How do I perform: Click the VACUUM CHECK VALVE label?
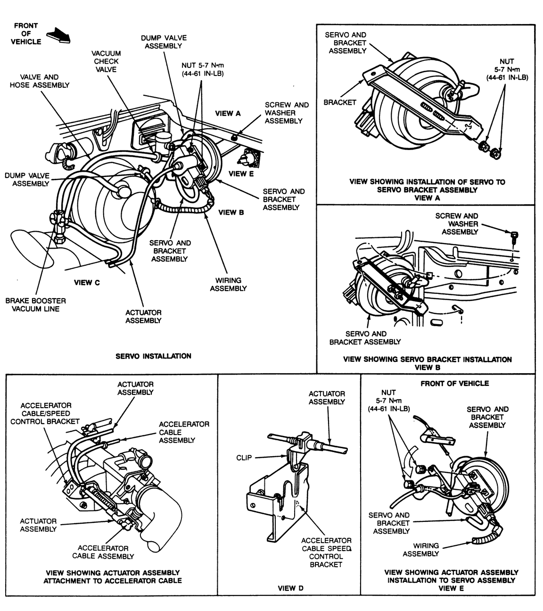[x=106, y=61]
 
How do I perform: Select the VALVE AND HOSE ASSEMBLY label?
[x=40, y=81]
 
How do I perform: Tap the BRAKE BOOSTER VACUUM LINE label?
[x=36, y=305]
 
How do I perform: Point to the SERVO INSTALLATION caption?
[x=153, y=356]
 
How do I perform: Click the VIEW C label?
[x=87, y=283]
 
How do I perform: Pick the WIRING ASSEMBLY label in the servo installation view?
[x=228, y=284]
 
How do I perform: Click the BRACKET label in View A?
[x=339, y=102]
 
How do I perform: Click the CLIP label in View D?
[x=244, y=458]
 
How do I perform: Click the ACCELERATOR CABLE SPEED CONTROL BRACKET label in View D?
[x=326, y=552]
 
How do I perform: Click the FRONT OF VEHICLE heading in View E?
[x=454, y=384]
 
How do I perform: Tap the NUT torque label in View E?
[x=388, y=401]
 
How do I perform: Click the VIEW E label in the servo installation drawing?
[x=241, y=174]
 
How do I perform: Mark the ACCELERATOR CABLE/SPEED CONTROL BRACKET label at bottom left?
[x=45, y=413]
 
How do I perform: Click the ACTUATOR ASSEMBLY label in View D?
[x=327, y=397]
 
